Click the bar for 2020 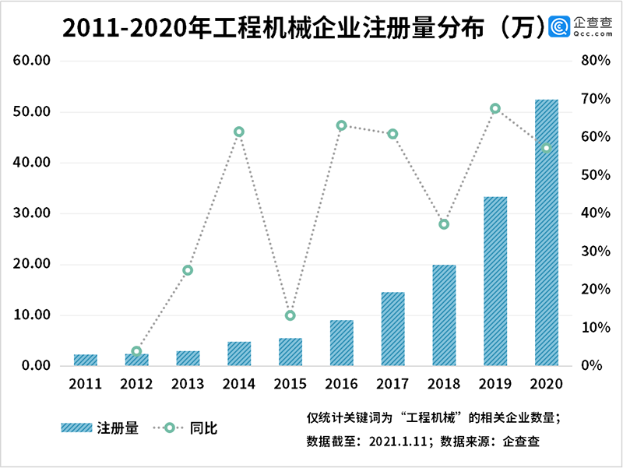pyautogui.click(x=546, y=233)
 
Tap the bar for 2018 pyautogui.click(x=444, y=315)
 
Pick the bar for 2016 pyautogui.click(x=341, y=343)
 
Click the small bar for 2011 pyautogui.click(x=86, y=360)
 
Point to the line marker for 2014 pyautogui.click(x=239, y=132)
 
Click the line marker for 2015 pyautogui.click(x=290, y=315)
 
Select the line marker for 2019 pyautogui.click(x=495, y=108)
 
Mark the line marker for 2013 pyautogui.click(x=188, y=270)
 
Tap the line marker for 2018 pyautogui.click(x=444, y=224)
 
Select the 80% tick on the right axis pyautogui.click(x=594, y=61)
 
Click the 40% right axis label pyautogui.click(x=594, y=213)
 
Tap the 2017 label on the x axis pyautogui.click(x=392, y=384)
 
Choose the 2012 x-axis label pyautogui.click(x=136, y=384)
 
